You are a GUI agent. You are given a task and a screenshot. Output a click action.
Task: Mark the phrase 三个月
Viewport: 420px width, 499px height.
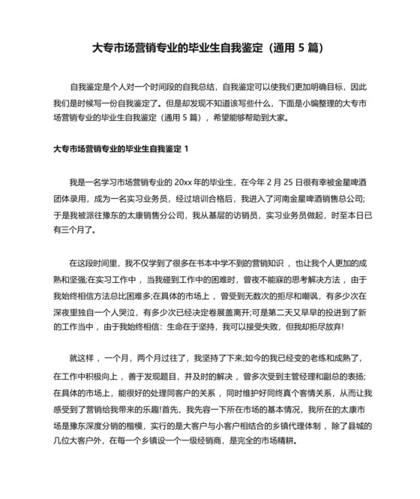pyautogui.click(x=76, y=230)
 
